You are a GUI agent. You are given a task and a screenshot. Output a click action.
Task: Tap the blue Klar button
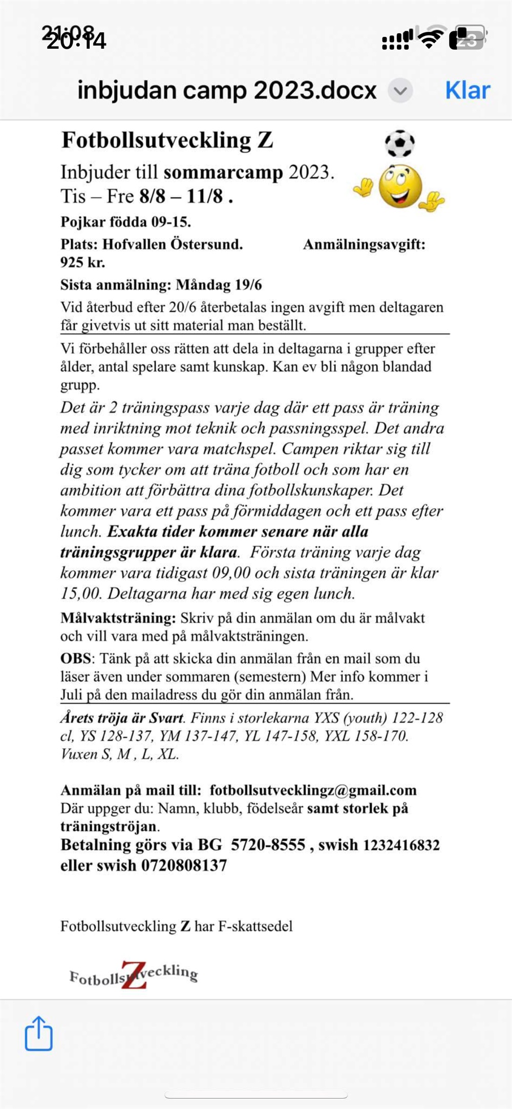(467, 90)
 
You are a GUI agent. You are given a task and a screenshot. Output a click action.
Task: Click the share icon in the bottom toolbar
(39, 1033)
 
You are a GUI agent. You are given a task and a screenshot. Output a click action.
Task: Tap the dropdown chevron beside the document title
(400, 91)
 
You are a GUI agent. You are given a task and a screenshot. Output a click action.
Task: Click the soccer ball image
(399, 143)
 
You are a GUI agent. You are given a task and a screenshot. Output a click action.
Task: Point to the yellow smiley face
(400, 186)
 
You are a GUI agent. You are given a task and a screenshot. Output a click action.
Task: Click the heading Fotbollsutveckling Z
(167, 140)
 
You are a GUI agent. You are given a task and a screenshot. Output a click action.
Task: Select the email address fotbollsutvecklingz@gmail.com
(313, 790)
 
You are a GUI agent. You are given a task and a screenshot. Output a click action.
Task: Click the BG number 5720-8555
(268, 845)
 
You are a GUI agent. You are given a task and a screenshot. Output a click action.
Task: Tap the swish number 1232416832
(401, 845)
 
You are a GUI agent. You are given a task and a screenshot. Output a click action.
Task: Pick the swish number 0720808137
(184, 865)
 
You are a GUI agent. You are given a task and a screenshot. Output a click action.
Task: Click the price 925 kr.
(82, 262)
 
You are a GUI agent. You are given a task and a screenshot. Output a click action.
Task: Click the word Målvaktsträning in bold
(118, 618)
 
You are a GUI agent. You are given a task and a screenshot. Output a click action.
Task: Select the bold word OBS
(76, 658)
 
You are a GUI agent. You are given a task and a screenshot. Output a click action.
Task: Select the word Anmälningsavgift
(364, 244)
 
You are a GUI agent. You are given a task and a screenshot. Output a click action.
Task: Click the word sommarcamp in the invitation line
(223, 172)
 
